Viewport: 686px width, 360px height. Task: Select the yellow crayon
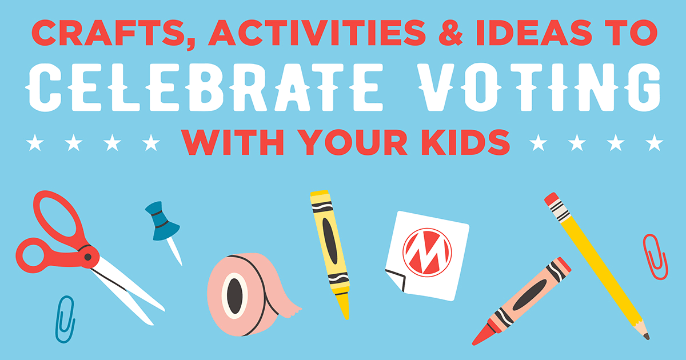click(330, 251)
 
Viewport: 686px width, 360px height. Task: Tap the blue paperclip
click(65, 318)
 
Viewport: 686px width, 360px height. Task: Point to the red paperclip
click(655, 255)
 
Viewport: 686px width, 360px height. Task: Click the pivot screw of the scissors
click(87, 258)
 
